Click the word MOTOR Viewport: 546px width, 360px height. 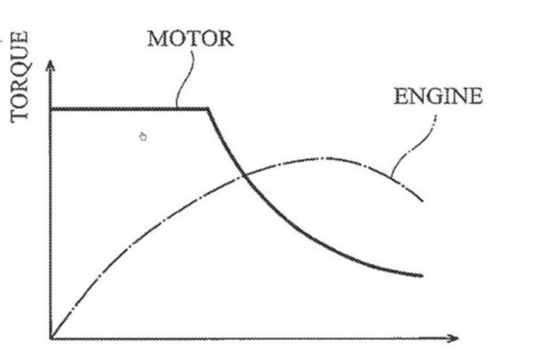(190, 39)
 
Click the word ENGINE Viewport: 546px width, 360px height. (438, 96)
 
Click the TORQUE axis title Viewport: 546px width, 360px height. (19, 76)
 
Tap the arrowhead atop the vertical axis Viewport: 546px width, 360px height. (51, 66)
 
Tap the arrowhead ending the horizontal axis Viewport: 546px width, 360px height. (453, 338)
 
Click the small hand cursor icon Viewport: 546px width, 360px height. (143, 137)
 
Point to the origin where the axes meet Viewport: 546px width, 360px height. (51, 338)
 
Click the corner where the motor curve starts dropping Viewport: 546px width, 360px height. (208, 109)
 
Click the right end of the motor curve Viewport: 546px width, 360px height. (422, 275)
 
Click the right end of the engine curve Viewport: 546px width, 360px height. (423, 201)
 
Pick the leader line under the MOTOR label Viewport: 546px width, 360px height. (184, 79)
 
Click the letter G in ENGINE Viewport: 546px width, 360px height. (431, 96)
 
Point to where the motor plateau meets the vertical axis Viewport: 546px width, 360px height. (51, 109)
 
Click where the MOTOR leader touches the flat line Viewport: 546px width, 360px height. (177, 108)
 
